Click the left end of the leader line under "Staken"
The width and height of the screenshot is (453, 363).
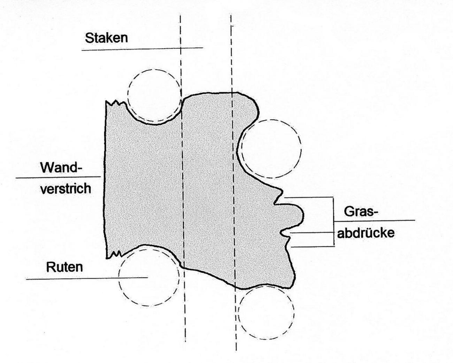pos(82,50)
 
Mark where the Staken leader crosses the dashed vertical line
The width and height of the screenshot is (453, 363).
pos(181,48)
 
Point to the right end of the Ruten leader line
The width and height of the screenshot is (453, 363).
pos(147,277)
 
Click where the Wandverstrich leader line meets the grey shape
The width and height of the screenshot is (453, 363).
pos(104,177)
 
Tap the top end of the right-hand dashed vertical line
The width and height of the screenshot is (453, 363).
pos(231,15)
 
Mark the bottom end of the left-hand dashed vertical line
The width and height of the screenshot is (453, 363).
pos(185,341)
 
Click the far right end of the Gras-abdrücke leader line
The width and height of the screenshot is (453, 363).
pos(415,220)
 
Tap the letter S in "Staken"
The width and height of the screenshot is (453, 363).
pos(89,38)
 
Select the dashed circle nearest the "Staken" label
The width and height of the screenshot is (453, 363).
pos(154,96)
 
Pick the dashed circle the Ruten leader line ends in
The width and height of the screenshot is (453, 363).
pos(149,278)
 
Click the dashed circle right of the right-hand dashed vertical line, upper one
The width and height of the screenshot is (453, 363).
pos(271,149)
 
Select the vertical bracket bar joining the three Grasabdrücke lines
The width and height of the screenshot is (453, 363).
pos(334,222)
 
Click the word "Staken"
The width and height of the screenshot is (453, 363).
pos(106,38)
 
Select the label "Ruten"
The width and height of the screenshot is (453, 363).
pos(64,267)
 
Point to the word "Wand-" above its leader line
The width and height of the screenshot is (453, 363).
pos(61,168)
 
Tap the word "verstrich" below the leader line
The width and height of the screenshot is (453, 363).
pos(66,188)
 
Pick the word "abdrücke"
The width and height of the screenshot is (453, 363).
pos(366,233)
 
